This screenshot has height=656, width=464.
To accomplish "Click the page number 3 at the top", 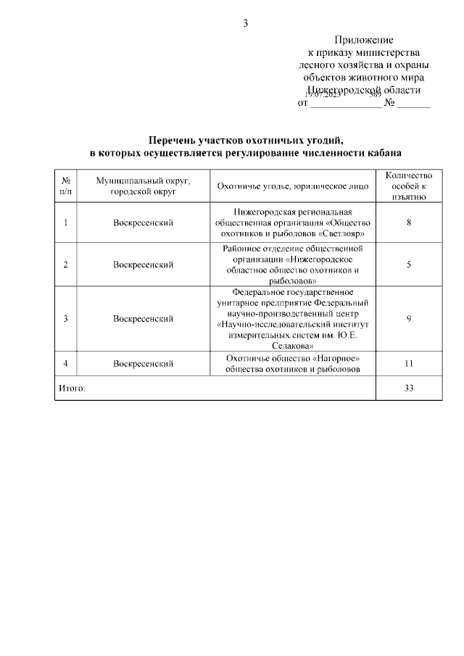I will (x=245, y=23).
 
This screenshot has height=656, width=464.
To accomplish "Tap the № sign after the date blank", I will (x=389, y=103).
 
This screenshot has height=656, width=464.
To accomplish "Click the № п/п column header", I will (x=66, y=186).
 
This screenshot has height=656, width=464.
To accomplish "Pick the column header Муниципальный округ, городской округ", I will (x=143, y=186).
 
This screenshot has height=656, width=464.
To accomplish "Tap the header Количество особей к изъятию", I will (x=409, y=186).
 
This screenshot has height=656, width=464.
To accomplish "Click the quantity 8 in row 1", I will (x=409, y=222).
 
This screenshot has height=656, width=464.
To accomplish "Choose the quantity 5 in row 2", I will (x=409, y=265).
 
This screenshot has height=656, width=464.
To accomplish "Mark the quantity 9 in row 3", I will (x=409, y=318).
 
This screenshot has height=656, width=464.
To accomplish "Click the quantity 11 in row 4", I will (x=409, y=364).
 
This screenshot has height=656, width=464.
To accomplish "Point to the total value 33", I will (x=409, y=389).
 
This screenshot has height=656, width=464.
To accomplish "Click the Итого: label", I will (x=71, y=389).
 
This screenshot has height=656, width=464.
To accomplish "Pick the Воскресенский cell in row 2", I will (x=143, y=265).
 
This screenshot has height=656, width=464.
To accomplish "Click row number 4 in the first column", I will (x=66, y=364).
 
